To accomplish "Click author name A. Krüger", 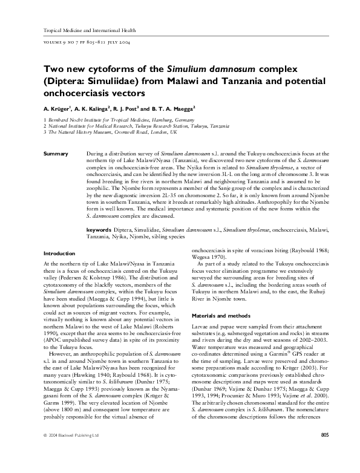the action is tap(57, 109).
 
